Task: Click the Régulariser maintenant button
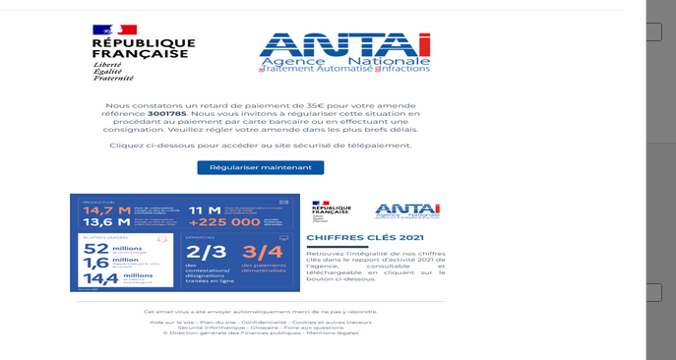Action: [260, 167]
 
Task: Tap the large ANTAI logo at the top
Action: [344, 53]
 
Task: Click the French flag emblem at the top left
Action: [114, 30]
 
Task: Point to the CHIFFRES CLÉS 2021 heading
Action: [351, 237]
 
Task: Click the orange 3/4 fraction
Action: [262, 252]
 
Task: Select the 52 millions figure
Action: [96, 249]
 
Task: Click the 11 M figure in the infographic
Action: [205, 210]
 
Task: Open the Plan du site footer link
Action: [217, 322]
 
